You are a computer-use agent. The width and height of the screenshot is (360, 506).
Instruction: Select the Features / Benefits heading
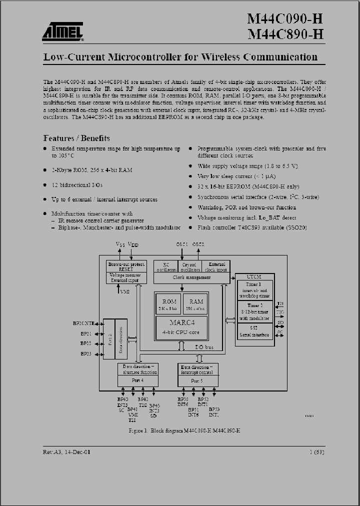pos(76,138)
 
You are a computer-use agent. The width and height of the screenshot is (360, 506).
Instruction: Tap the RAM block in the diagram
pos(196,304)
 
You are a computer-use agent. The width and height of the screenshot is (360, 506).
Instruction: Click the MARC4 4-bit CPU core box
pos(181,326)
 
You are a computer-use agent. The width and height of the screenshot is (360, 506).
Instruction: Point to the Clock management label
pos(191,277)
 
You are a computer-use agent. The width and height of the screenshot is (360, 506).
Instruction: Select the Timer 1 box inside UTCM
pos(254,290)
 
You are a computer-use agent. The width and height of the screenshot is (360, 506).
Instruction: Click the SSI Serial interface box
pos(254,330)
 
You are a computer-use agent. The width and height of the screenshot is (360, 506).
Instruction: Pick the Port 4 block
pos(137,380)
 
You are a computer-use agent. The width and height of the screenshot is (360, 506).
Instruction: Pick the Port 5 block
pos(197,380)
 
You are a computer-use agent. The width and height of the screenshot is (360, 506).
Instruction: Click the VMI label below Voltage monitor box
pos(125,291)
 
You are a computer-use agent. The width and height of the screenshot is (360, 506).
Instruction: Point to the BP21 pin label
pos(85,333)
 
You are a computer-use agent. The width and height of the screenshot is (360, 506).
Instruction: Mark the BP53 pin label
pos(214,409)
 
